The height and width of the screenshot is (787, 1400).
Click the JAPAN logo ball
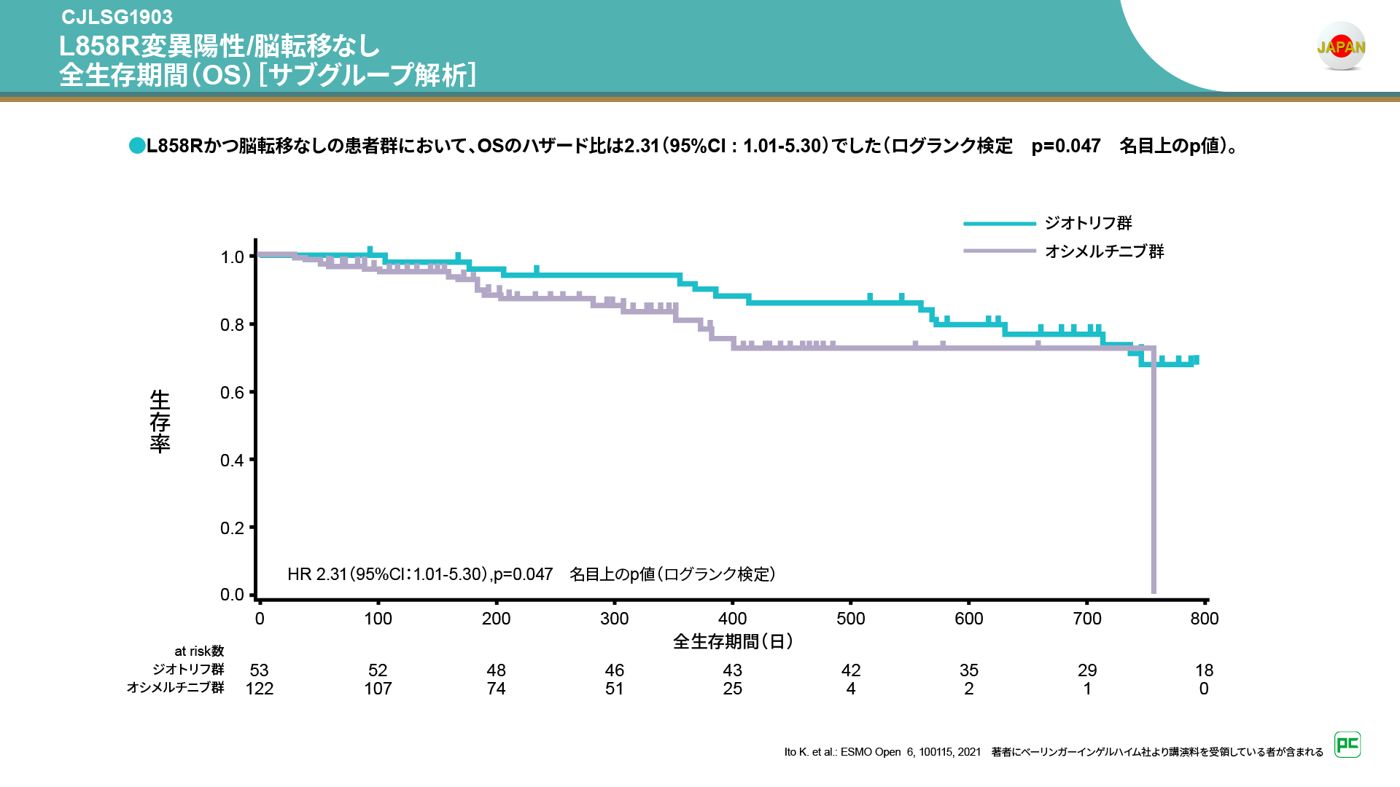(1341, 47)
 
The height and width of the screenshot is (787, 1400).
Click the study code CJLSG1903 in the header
(117, 17)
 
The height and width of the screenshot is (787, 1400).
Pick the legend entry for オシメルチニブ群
(1104, 251)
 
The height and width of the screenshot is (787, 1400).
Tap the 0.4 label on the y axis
(233, 461)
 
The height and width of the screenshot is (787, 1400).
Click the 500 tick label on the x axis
(850, 619)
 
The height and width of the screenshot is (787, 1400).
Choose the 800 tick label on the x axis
(1204, 619)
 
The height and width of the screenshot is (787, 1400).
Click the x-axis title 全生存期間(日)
(733, 641)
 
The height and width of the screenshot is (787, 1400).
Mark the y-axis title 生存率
(160, 421)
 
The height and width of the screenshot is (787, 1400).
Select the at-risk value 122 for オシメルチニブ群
(260, 689)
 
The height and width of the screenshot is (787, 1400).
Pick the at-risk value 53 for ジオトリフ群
(260, 670)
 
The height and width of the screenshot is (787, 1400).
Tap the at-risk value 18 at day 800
(1204, 670)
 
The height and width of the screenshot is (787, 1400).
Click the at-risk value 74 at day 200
(496, 689)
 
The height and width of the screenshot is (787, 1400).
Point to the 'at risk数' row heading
(199, 651)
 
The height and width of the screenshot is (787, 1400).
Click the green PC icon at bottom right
(1347, 745)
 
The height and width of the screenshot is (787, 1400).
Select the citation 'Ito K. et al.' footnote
(882, 752)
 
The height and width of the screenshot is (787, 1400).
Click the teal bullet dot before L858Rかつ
(137, 146)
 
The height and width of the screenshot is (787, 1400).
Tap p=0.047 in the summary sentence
(1065, 146)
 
